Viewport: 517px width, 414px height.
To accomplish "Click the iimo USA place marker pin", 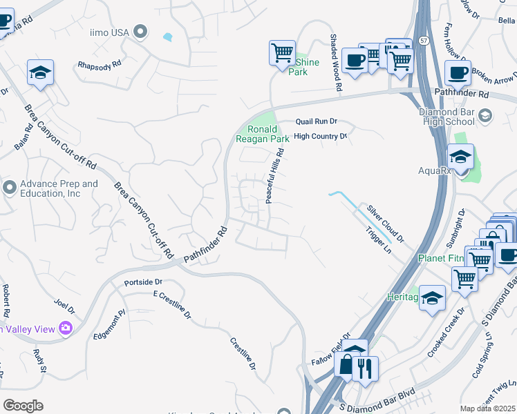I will [141, 31].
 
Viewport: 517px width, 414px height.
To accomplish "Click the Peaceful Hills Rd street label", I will [274, 176].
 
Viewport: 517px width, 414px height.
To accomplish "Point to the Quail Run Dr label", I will [316, 121].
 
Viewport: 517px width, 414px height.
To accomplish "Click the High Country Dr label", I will [320, 137].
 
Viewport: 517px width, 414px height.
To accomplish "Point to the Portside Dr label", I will [142, 282].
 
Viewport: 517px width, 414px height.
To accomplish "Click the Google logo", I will [23, 406].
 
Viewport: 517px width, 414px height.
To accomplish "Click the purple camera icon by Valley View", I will [66, 328].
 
